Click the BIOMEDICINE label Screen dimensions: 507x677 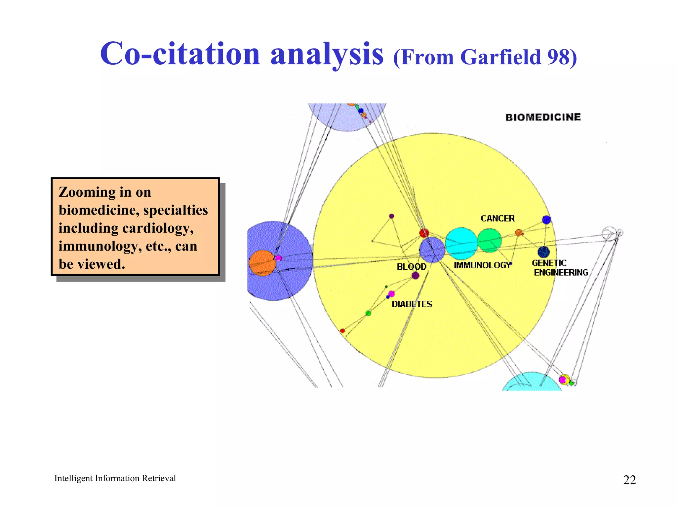coord(543,117)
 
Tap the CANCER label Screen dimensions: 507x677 coord(498,218)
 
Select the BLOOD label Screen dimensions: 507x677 coord(412,266)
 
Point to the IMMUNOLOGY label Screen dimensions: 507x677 coord(482,265)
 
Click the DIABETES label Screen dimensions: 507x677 coord(412,304)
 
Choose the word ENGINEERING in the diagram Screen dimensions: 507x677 coord(561,272)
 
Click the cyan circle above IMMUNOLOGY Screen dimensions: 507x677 coord(461,243)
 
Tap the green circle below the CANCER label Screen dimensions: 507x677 coord(490,240)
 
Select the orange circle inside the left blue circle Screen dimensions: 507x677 coord(262,263)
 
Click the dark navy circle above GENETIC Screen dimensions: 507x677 coord(543,252)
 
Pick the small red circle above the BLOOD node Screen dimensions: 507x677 coord(424,233)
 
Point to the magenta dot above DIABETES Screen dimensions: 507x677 coord(391,293)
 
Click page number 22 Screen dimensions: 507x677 coord(629,480)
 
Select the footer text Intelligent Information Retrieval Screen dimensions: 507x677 coord(115,478)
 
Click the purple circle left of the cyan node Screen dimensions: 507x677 coord(432,250)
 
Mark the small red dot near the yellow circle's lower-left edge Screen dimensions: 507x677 coord(342,330)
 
